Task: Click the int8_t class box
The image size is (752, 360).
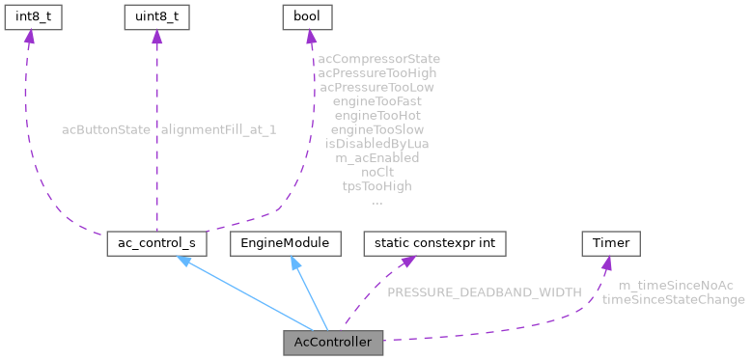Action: point(29,16)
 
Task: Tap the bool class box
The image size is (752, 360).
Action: point(306,16)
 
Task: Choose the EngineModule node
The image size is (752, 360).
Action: point(286,243)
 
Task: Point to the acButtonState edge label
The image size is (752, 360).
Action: point(104,128)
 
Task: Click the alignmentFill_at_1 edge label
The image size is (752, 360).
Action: point(218,128)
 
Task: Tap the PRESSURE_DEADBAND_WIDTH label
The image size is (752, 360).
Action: point(484,291)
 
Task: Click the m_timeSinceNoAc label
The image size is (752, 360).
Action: point(675,285)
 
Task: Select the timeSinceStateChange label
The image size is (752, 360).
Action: point(673,299)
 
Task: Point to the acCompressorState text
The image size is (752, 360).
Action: point(378,58)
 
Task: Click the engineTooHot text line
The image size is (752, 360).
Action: point(376,114)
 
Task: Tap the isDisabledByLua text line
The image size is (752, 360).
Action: point(376,143)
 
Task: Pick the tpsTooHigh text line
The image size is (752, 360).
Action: point(376,185)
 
